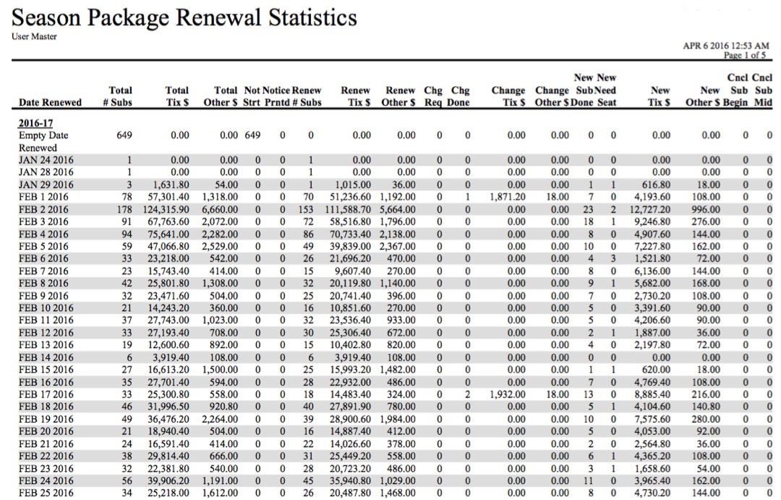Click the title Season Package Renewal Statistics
[x=184, y=18]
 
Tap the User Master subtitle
[x=34, y=36]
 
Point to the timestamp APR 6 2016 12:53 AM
[x=726, y=46]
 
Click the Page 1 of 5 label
[x=745, y=55]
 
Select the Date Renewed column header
[x=50, y=103]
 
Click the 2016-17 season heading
[x=35, y=123]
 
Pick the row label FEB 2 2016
[x=43, y=209]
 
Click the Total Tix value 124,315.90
[x=166, y=209]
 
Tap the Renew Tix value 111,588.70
[x=348, y=209]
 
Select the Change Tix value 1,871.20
[x=508, y=197]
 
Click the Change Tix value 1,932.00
[x=508, y=394]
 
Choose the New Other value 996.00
[x=706, y=209]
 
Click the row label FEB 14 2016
[x=46, y=357]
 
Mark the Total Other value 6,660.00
[x=220, y=209]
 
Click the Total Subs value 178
[x=124, y=209]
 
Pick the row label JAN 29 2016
[x=46, y=185]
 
